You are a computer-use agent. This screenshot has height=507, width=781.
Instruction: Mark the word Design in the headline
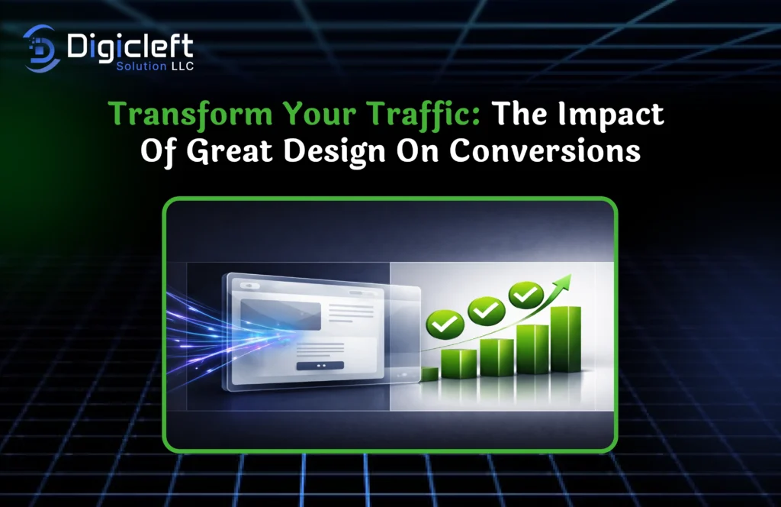360,150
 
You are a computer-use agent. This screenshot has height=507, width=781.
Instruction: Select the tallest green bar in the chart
565,340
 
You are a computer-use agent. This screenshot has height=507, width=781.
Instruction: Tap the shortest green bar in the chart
429,374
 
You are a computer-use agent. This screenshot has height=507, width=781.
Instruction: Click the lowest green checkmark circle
441,325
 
